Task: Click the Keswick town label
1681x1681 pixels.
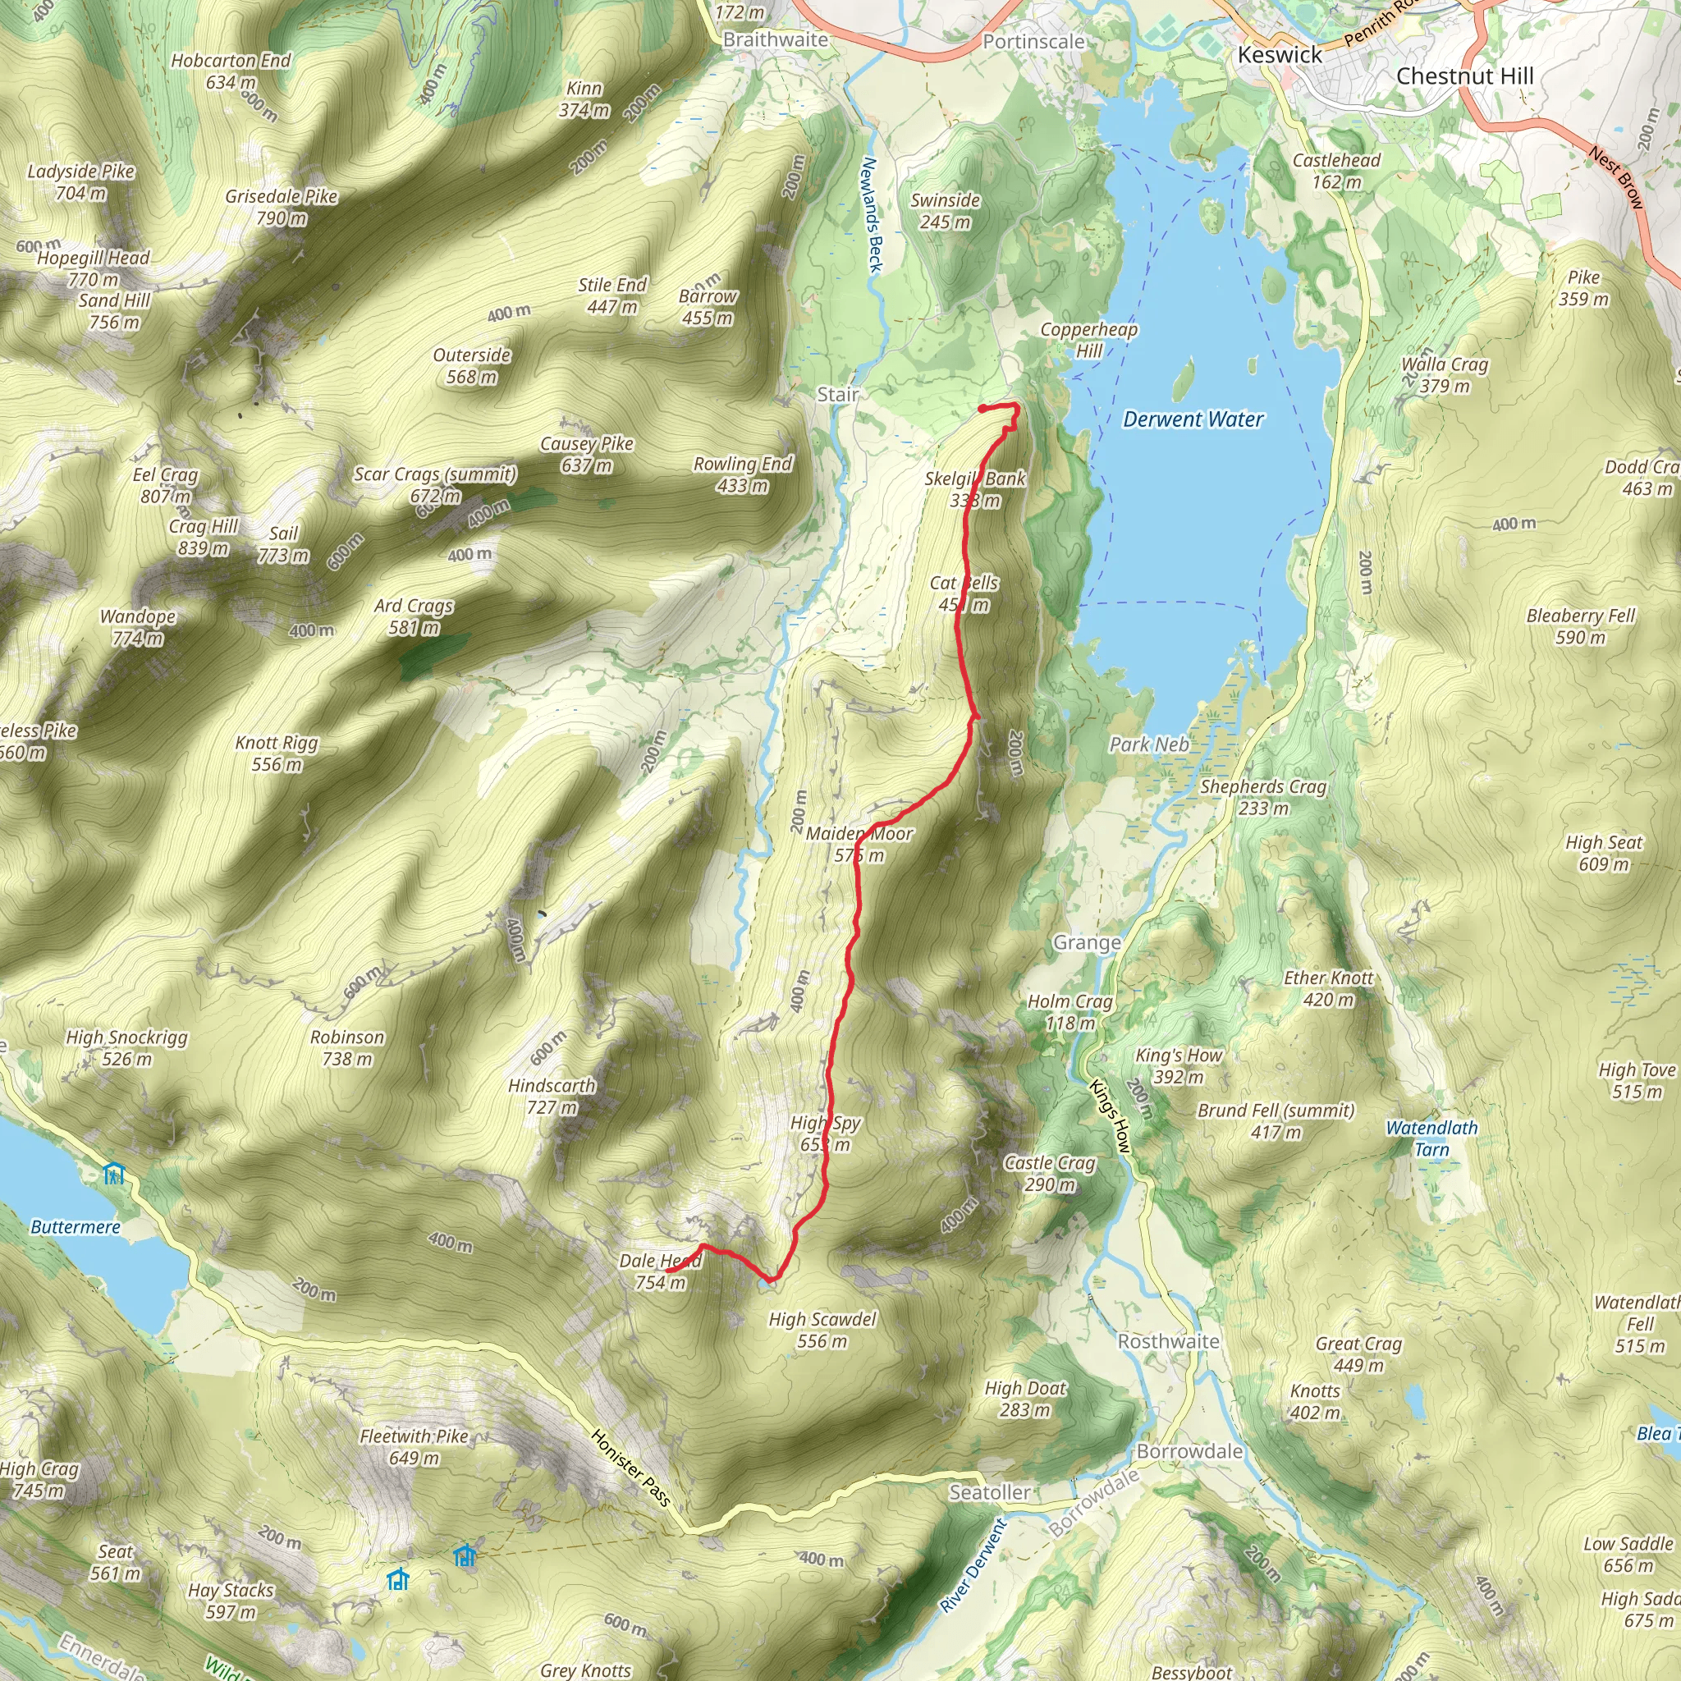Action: click(x=1279, y=55)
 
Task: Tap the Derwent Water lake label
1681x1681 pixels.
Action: click(x=1193, y=419)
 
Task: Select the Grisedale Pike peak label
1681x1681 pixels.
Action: click(x=281, y=207)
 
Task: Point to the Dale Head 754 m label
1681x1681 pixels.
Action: click(x=660, y=1271)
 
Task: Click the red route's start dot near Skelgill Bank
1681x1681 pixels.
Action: click(x=982, y=408)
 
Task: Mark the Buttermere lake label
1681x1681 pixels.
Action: click(x=76, y=1227)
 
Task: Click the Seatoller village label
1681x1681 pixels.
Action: click(x=989, y=1492)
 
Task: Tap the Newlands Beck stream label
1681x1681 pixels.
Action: click(x=872, y=215)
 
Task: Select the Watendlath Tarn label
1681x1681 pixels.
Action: click(x=1431, y=1138)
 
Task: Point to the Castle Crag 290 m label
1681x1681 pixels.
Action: click(x=1049, y=1174)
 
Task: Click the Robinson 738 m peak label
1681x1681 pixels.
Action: click(x=347, y=1047)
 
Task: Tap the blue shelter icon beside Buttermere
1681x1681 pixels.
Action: click(x=113, y=1174)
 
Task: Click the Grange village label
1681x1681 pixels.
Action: click(x=1087, y=942)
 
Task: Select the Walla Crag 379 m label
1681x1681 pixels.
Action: click(x=1445, y=375)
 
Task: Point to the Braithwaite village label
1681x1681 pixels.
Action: click(x=775, y=40)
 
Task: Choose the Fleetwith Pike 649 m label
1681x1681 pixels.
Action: click(x=415, y=1447)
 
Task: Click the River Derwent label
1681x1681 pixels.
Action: click(x=973, y=1564)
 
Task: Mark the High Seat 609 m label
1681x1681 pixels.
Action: click(x=1603, y=853)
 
